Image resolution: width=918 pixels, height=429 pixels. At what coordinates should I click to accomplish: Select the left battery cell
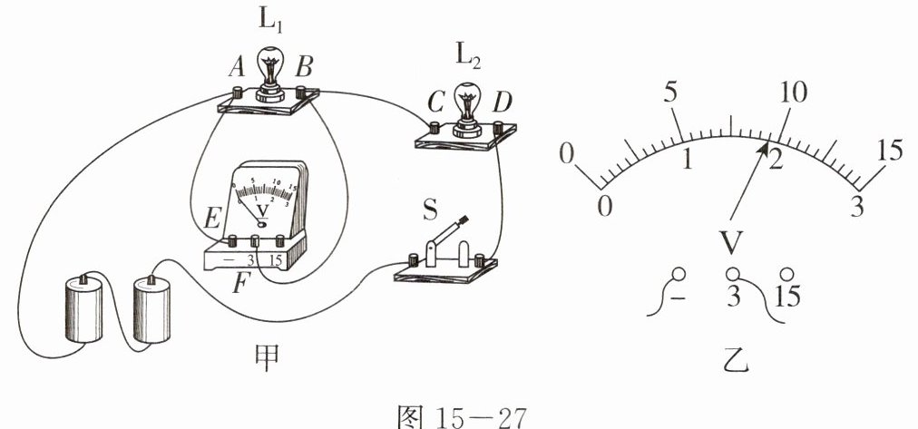[83, 308]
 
